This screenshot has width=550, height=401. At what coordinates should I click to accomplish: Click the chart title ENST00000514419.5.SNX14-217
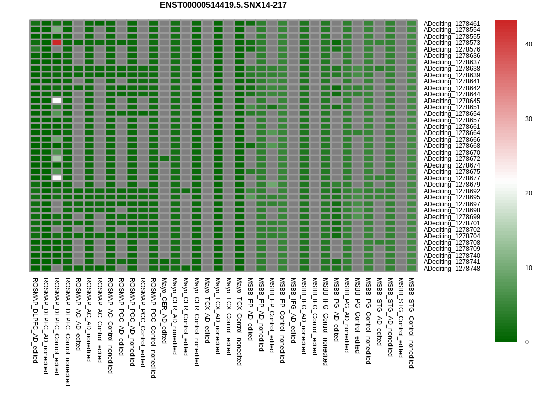[223, 5]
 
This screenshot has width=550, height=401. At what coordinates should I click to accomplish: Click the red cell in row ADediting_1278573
[57, 43]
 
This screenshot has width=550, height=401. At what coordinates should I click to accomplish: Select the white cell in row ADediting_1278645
[57, 101]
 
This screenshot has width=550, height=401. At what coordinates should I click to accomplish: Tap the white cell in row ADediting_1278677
[57, 178]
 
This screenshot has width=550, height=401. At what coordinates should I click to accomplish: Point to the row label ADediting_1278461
[452, 24]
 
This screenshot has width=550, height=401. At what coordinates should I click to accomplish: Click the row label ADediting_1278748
[452, 269]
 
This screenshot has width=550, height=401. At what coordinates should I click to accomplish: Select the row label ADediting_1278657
[452, 120]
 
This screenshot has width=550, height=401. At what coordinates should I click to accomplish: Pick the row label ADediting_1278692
[452, 191]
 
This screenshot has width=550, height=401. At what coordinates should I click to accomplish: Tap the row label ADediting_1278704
[452, 236]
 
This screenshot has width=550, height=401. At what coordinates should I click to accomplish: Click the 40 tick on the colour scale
[529, 44]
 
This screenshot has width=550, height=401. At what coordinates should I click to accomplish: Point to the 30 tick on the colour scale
[529, 119]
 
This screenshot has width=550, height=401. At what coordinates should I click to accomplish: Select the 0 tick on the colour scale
[527, 342]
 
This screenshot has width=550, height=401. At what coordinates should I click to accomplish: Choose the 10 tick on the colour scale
[529, 268]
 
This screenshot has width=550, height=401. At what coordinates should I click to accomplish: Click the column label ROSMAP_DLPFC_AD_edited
[35, 321]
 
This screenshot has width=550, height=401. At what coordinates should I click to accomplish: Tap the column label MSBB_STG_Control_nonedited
[411, 323]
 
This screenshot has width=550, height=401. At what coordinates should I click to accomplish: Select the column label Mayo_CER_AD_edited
[164, 311]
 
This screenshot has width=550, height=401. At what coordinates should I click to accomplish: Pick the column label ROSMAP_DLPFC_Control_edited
[57, 326]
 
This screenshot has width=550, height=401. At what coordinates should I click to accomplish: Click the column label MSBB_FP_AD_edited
[250, 309]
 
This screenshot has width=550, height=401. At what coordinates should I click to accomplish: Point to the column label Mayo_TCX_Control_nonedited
[239, 322]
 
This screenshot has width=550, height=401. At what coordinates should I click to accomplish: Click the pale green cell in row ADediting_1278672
[57, 159]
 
